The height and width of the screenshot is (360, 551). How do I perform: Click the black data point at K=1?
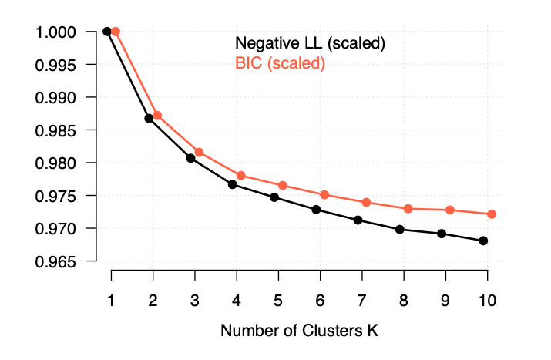point(107,32)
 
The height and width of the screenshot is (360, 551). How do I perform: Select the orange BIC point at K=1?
point(116,32)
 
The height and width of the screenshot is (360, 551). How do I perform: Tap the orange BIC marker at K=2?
point(157,116)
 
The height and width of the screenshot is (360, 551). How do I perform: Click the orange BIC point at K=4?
point(241,176)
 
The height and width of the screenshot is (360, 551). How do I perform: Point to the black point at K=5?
point(274,197)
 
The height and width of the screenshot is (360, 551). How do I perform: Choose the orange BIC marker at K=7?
point(366,202)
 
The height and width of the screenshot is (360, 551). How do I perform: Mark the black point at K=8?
point(400,229)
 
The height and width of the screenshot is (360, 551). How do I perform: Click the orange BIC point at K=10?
point(492,214)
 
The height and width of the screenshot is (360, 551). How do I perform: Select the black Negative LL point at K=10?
point(483,241)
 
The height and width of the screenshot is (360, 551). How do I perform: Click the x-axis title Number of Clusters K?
point(300,331)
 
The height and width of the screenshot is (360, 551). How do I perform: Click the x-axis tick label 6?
point(320,299)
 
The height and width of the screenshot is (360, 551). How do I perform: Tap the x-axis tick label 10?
point(487,299)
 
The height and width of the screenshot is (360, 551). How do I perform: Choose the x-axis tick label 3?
point(195,299)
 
